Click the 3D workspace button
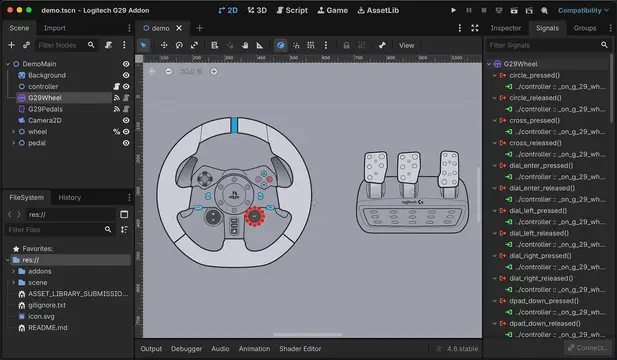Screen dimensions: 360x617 [257, 9]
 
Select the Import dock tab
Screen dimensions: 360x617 [54, 28]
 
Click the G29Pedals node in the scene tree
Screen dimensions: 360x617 [46, 109]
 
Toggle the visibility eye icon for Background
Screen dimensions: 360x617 [126, 75]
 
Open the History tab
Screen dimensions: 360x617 [69, 197]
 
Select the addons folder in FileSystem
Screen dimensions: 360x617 [40, 271]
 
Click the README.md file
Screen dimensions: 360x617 [48, 327]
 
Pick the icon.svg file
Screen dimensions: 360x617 [42, 316]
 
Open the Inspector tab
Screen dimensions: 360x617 [506, 28]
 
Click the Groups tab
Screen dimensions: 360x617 [585, 28]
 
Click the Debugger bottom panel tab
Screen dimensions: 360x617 [186, 349]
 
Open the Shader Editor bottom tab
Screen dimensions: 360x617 [300, 349]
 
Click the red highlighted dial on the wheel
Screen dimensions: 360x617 [255, 215]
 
